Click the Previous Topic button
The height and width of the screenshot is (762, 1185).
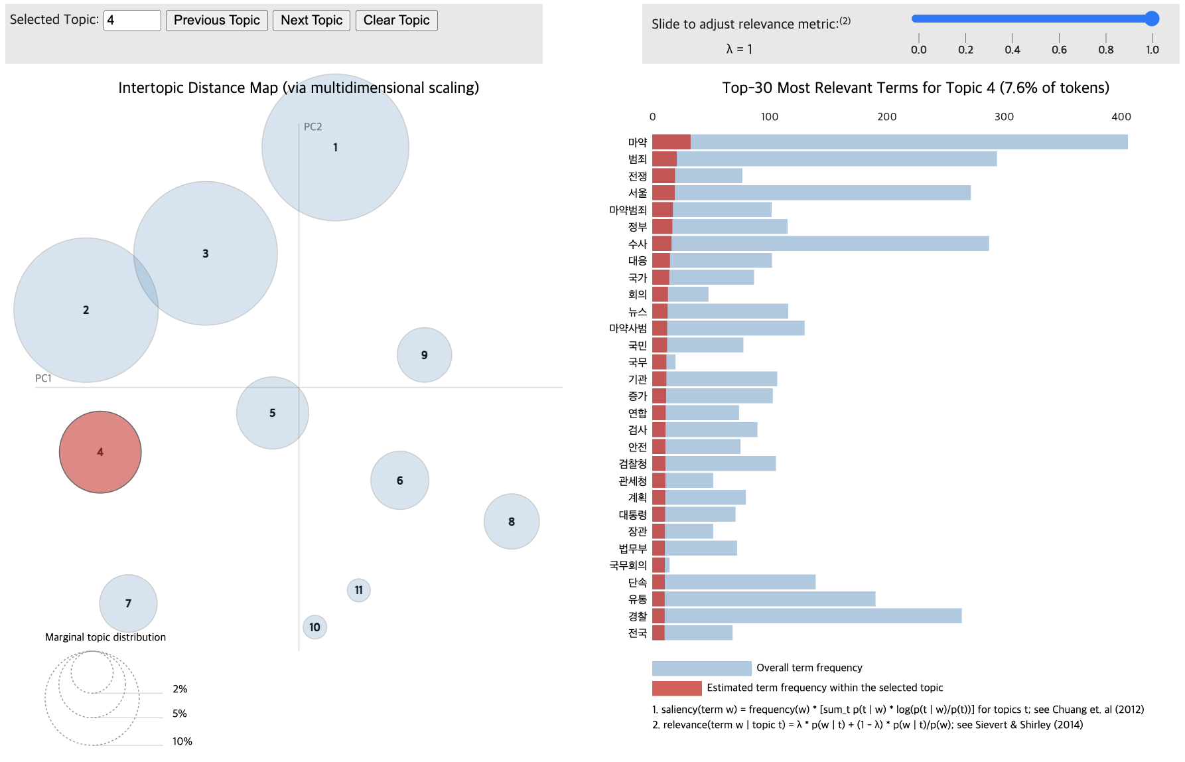(x=217, y=21)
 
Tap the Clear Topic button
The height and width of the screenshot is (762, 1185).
(x=396, y=21)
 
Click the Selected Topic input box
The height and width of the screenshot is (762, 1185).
(x=132, y=21)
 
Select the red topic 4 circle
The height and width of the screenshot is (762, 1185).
(x=100, y=452)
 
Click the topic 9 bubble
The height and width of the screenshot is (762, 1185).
(x=425, y=355)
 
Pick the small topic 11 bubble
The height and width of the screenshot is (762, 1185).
(x=359, y=590)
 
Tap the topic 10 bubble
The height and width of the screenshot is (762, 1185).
(x=314, y=627)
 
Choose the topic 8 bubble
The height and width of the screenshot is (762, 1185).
(x=512, y=522)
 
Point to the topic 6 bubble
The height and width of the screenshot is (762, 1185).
(x=400, y=481)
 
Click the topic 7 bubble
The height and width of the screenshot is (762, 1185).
(x=129, y=603)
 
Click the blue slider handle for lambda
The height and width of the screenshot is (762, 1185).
(x=1152, y=19)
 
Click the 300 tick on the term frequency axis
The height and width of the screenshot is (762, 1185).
(x=1004, y=117)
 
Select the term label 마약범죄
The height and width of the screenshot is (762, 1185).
(x=628, y=210)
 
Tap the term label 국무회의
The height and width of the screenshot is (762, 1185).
(x=628, y=566)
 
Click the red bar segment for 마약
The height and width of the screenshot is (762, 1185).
(x=671, y=142)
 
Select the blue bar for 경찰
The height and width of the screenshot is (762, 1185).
(x=813, y=616)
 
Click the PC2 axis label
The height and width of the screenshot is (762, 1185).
(x=313, y=127)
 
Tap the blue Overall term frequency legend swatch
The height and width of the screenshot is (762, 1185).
(x=701, y=668)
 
